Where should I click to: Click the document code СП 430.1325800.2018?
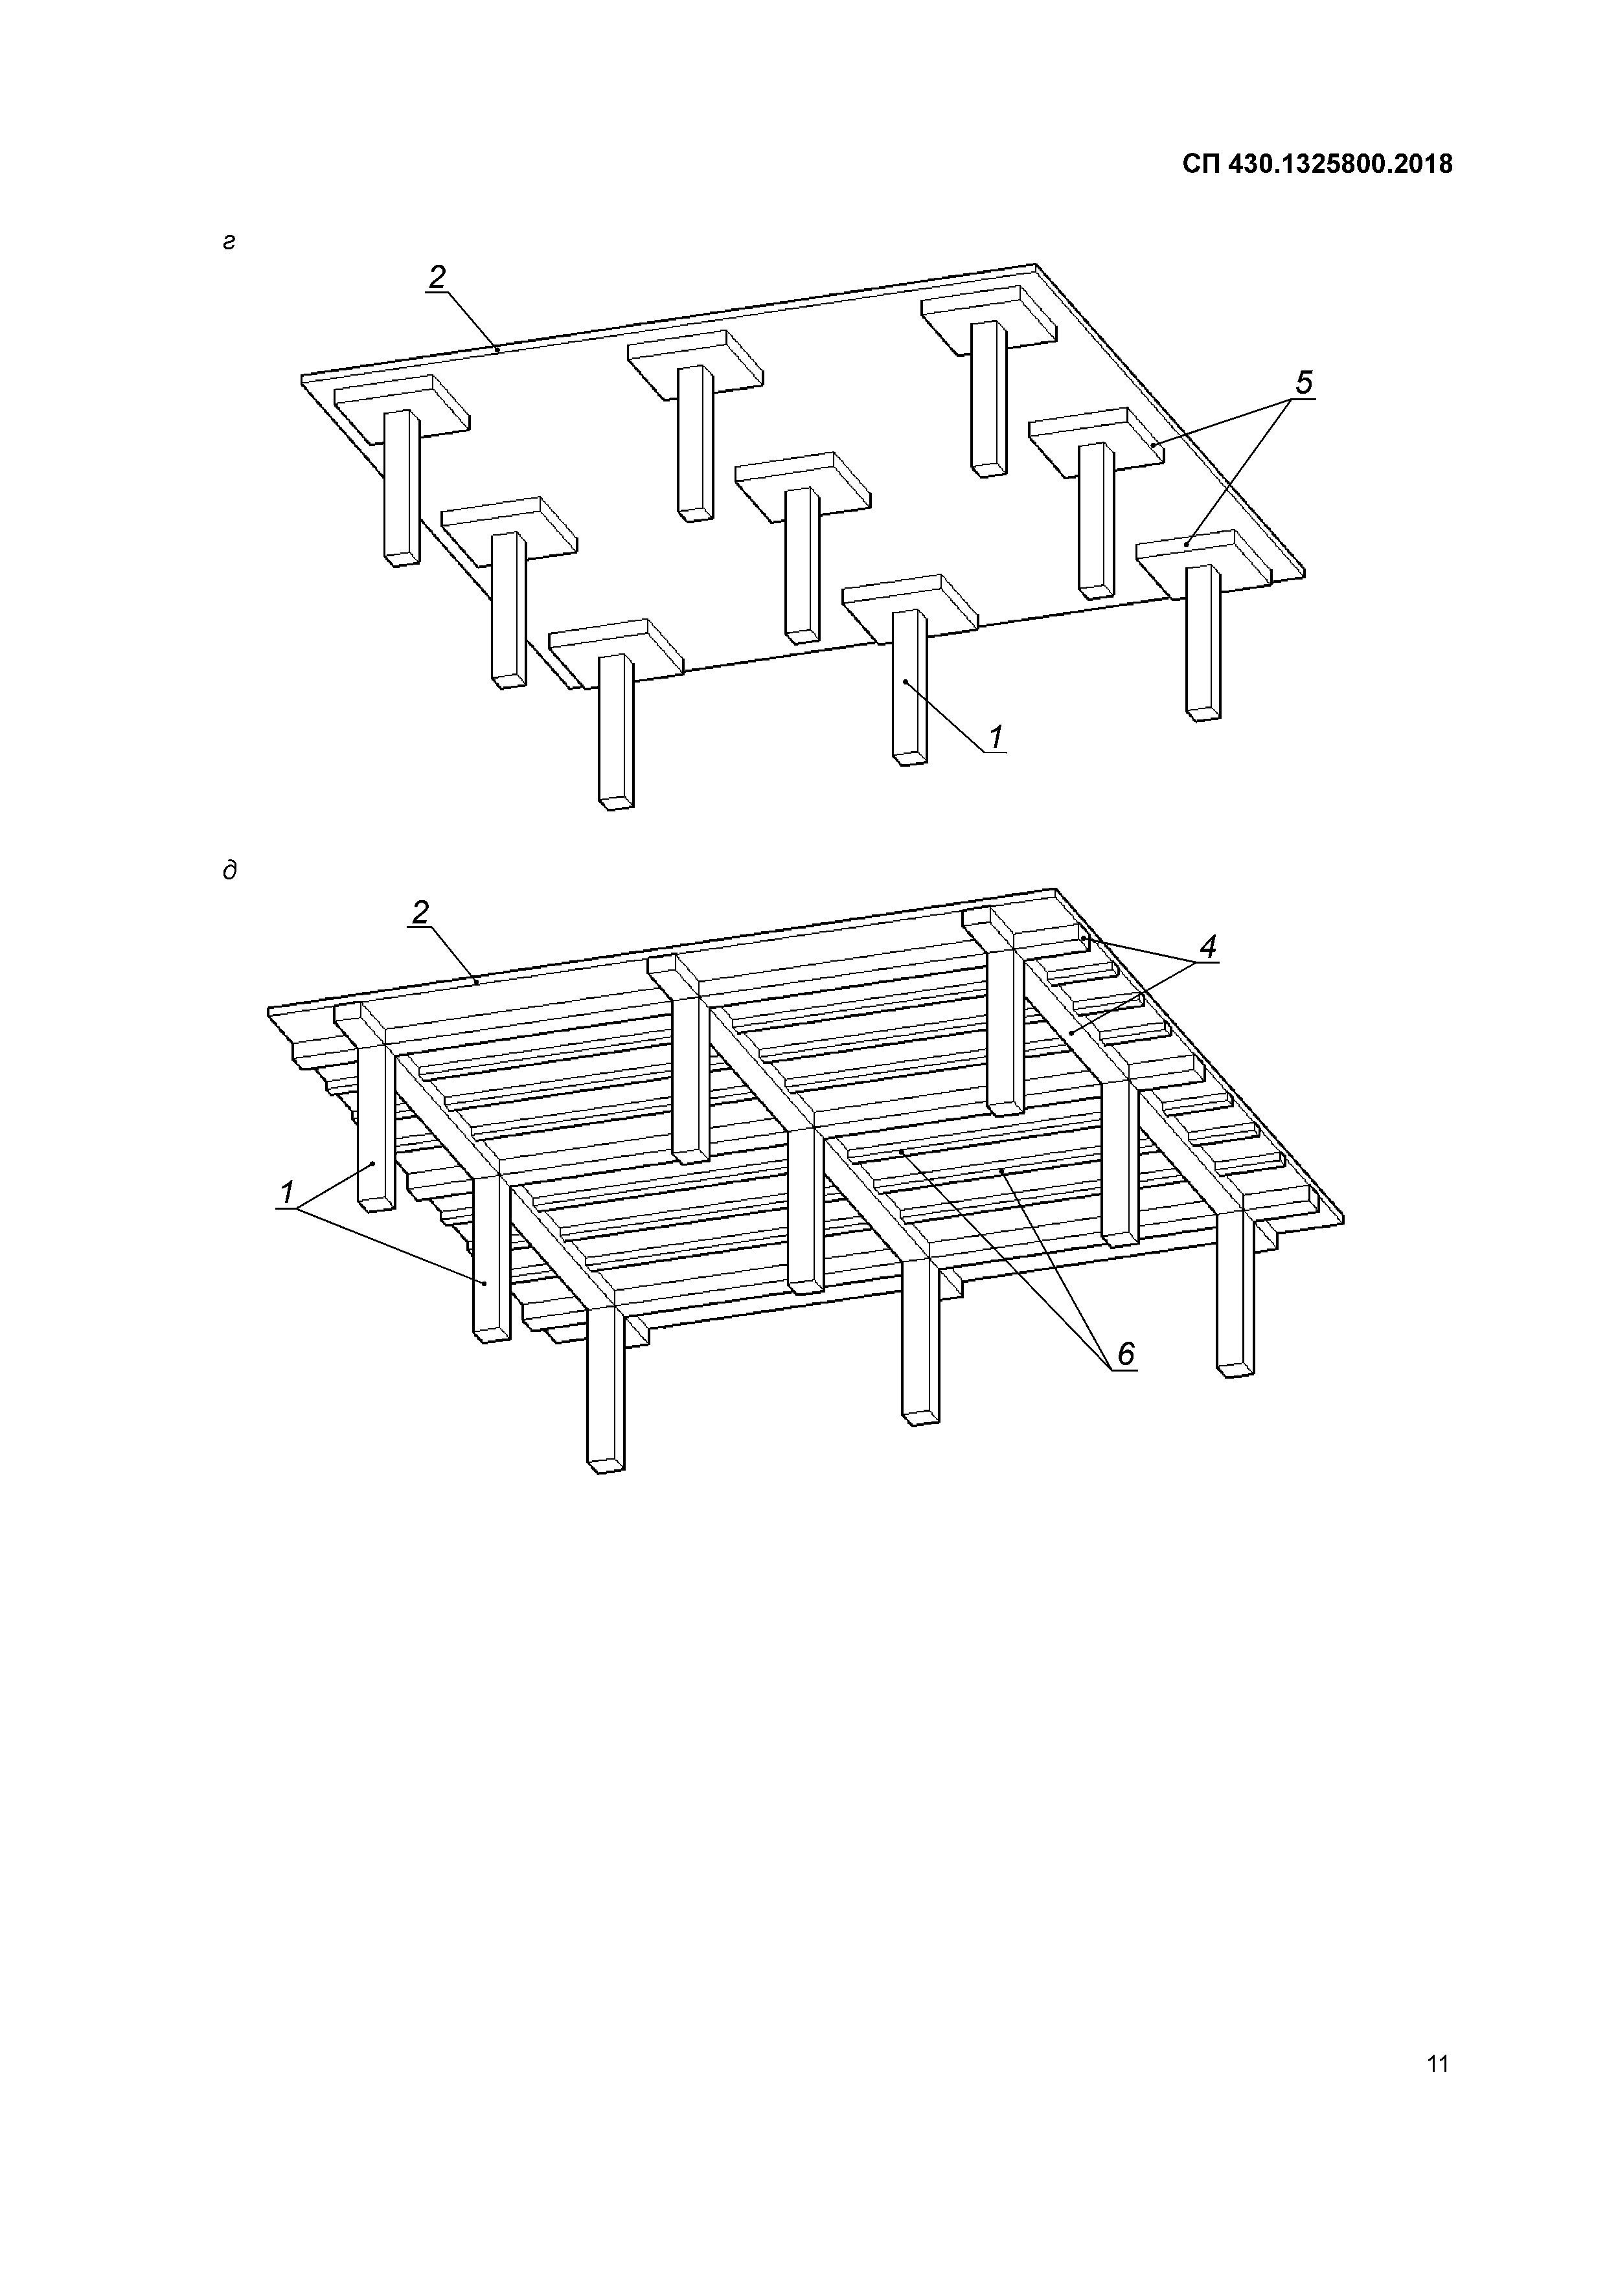coord(1317,164)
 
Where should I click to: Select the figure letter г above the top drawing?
coord(229,242)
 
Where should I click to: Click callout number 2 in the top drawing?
coord(437,278)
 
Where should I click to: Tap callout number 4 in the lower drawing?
coord(1207,947)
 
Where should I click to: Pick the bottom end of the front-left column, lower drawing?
coord(606,1464)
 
